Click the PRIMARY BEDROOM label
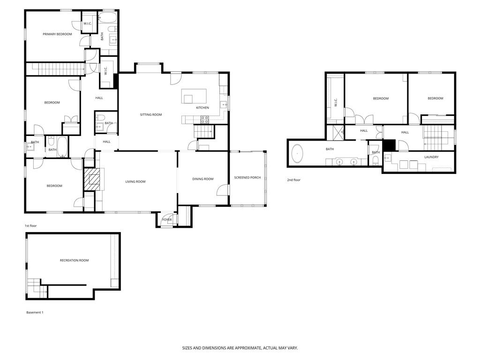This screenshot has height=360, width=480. pyautogui.click(x=57, y=34)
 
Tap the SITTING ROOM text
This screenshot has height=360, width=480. pyautogui.click(x=151, y=115)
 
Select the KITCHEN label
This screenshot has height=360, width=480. pyautogui.click(x=202, y=108)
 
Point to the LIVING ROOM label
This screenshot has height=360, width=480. pyautogui.click(x=135, y=181)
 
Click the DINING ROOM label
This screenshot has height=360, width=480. pyautogui.click(x=202, y=179)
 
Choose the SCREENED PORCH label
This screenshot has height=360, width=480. pyautogui.click(x=247, y=178)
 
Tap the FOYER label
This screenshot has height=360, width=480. pyautogui.click(x=167, y=220)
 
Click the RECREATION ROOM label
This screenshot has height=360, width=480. pyautogui.click(x=74, y=261)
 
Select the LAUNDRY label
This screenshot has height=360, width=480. pyautogui.click(x=431, y=157)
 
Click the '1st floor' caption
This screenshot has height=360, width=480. pyautogui.click(x=30, y=226)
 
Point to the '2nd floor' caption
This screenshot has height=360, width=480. pyautogui.click(x=293, y=180)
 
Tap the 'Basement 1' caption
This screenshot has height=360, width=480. pyautogui.click(x=35, y=313)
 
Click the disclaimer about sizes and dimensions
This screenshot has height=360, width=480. pyautogui.click(x=240, y=348)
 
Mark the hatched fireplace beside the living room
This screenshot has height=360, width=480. pyautogui.click(x=92, y=179)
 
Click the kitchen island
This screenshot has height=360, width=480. pyautogui.click(x=194, y=96)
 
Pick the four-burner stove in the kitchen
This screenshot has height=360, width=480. pyautogui.click(x=204, y=120)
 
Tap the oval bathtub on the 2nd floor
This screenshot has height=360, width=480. pyautogui.click(x=297, y=153)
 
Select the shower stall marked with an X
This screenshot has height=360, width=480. pyautogui.click(x=336, y=132)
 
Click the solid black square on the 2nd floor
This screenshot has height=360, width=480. pyautogui.click(x=390, y=145)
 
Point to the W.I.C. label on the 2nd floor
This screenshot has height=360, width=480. pyautogui.click(x=336, y=102)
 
